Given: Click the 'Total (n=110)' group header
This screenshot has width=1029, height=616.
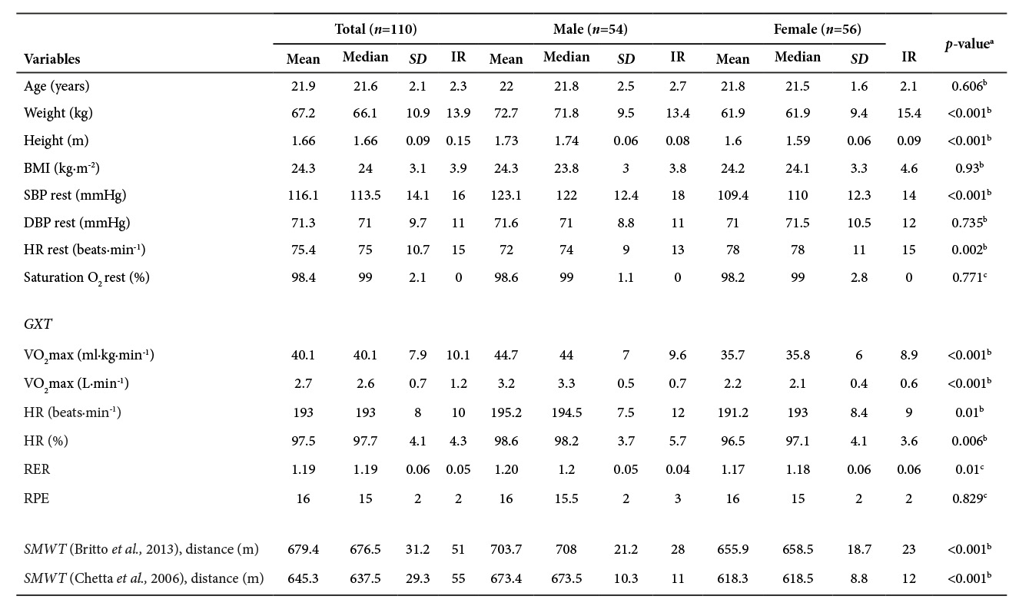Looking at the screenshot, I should tap(376, 29).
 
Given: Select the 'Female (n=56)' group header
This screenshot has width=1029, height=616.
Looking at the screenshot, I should tap(817, 29).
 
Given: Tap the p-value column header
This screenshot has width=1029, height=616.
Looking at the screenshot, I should tap(969, 45).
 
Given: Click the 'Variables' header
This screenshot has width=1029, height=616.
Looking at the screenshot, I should tap(52, 59).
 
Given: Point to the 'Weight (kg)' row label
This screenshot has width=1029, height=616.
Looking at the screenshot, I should tap(56, 114).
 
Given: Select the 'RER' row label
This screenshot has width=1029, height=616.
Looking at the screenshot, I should tap(36, 469).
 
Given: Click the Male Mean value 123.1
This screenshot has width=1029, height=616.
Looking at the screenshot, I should tap(506, 195).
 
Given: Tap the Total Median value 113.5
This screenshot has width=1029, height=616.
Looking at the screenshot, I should tap(365, 195).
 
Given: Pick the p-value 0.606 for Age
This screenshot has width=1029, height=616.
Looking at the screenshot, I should tap(969, 86).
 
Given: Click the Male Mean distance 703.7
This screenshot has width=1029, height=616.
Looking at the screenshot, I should tap(506, 549).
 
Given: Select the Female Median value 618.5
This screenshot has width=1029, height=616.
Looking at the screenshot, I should tap(798, 578).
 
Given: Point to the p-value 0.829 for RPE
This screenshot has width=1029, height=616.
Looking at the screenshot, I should tap(969, 498).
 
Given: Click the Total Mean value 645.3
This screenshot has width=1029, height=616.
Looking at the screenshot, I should tap(303, 578).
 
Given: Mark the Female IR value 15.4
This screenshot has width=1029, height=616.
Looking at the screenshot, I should tap(909, 114).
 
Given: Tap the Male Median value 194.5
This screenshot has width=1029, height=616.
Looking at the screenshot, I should tap(566, 412).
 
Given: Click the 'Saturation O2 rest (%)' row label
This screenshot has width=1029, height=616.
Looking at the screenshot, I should tap(86, 277).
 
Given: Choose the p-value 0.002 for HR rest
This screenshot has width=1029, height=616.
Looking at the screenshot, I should tap(969, 250).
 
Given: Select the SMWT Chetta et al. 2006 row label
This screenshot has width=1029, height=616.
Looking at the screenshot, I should tap(144, 578).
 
